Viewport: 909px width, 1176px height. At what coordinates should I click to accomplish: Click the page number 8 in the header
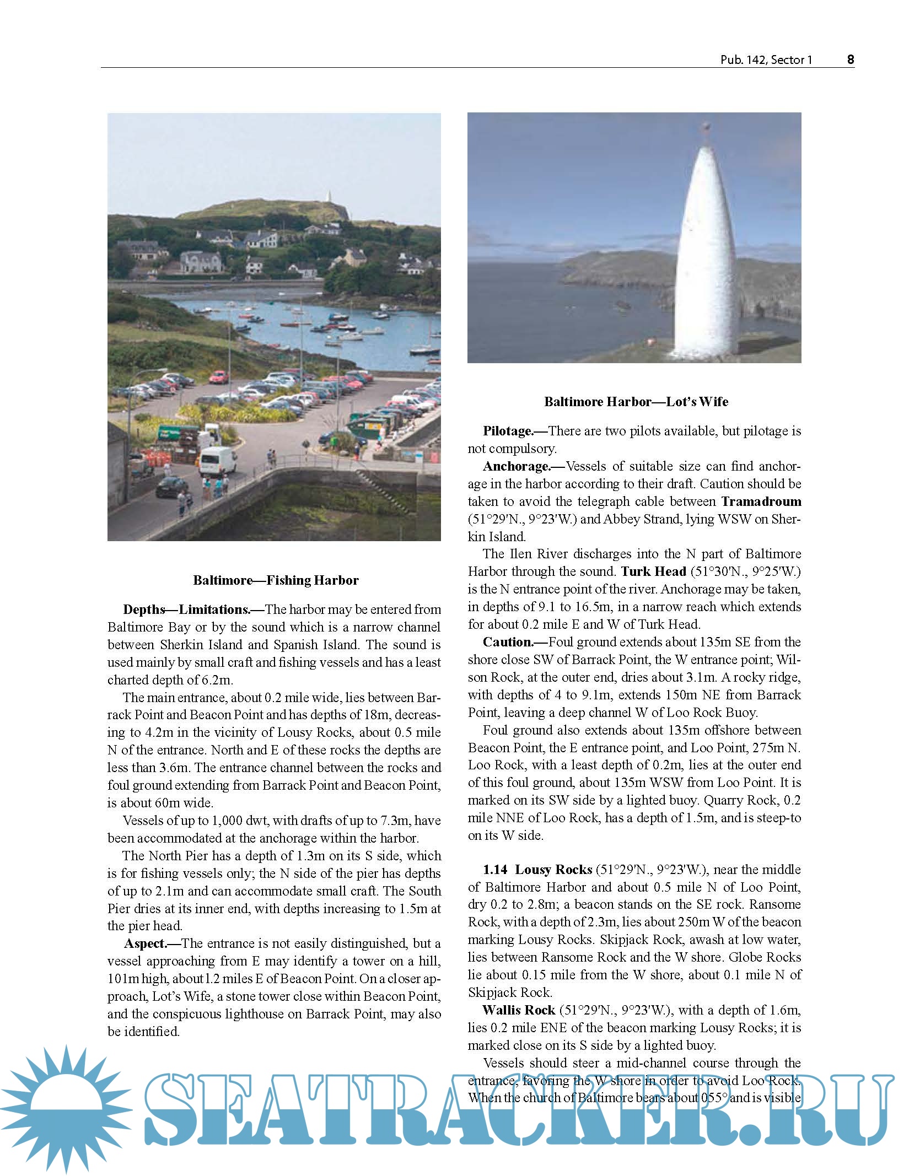pyautogui.click(x=850, y=60)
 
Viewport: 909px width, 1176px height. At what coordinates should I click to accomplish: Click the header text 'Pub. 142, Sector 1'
pyautogui.click(x=766, y=60)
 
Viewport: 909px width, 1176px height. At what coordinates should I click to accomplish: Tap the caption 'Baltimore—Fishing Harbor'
pyautogui.click(x=276, y=580)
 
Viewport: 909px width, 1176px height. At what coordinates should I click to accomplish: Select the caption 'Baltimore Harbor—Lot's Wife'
pyautogui.click(x=636, y=402)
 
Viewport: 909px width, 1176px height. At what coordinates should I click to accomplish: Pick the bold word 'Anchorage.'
pyautogui.click(x=517, y=466)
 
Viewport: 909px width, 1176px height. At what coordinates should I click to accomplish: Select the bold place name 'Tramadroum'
pyautogui.click(x=761, y=501)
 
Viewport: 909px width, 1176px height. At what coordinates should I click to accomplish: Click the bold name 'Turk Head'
pyautogui.click(x=653, y=571)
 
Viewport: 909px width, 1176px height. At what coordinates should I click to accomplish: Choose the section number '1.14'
pyautogui.click(x=495, y=870)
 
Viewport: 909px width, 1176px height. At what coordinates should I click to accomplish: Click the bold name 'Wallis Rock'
pyautogui.click(x=519, y=1010)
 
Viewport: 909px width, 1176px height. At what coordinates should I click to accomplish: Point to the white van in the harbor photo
pyautogui.click(x=217, y=461)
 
